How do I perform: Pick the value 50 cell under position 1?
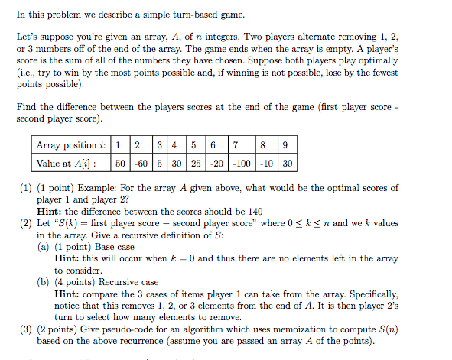click(120, 163)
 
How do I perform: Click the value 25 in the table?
click(196, 163)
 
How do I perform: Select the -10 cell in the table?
click(265, 163)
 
